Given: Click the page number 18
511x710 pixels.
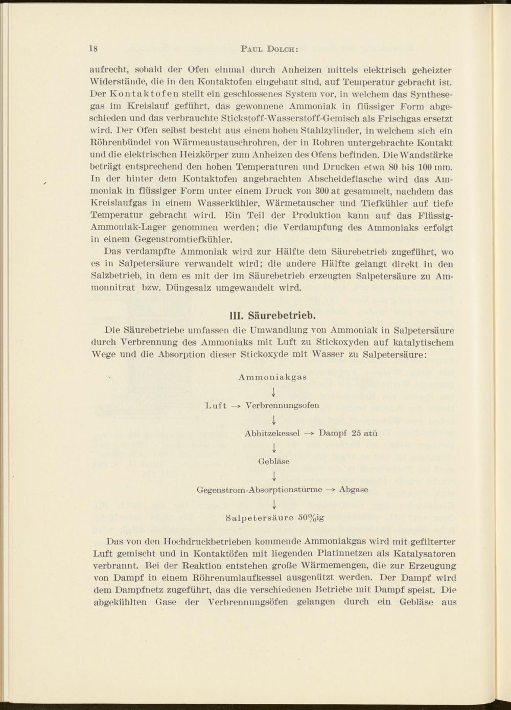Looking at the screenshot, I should (93, 49).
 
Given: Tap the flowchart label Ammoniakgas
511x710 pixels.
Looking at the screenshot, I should (272, 377).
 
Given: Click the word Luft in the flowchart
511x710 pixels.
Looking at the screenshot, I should (215, 405).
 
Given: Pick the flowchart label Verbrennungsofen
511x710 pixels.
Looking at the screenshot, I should (282, 405).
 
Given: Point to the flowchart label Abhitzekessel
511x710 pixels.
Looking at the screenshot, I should (272, 433).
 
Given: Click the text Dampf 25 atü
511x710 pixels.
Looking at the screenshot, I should (348, 433).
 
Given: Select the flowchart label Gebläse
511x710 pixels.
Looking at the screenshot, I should (274, 461).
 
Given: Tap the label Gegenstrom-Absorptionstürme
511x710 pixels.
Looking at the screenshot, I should (260, 489).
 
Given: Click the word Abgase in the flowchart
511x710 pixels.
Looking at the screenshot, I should (354, 489).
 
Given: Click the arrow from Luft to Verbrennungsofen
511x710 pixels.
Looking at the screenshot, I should (236, 406).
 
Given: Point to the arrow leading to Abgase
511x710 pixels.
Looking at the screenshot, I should (330, 490).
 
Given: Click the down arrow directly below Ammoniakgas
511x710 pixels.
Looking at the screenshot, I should (274, 392).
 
